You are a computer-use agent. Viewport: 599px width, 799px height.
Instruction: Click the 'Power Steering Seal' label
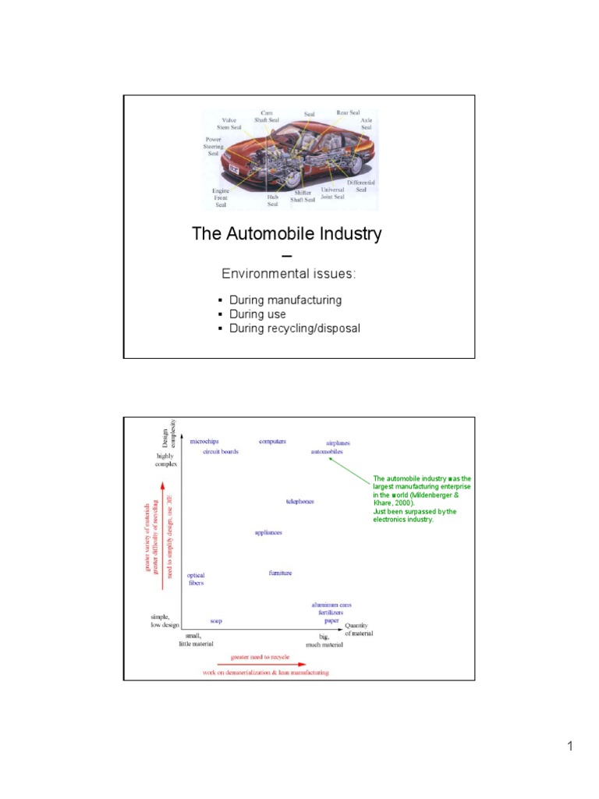[213, 147]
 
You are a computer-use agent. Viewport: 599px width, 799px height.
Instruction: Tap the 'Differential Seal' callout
[361, 186]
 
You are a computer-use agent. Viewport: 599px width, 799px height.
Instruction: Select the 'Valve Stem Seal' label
[229, 124]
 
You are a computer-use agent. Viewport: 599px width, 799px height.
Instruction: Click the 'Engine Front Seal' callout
[221, 197]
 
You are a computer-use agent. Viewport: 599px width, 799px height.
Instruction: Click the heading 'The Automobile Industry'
[288, 233]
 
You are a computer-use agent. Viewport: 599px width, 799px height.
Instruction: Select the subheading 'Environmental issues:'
[289, 274]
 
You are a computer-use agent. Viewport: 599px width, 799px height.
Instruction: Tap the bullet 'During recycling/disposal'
[294, 328]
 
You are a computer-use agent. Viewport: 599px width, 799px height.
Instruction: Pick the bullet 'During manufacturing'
[285, 300]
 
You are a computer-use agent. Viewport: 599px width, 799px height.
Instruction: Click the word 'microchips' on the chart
[206, 442]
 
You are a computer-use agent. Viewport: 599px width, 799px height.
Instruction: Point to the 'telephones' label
[300, 502]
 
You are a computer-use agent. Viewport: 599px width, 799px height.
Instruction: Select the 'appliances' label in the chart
[268, 533]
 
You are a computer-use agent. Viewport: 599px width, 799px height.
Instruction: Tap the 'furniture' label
[281, 574]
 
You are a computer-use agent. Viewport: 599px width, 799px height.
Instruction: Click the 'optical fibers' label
[196, 579]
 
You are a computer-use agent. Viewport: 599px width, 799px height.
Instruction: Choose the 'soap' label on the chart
[216, 621]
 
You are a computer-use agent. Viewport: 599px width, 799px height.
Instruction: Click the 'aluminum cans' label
[331, 605]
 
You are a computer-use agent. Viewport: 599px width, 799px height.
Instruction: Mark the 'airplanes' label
[328, 442]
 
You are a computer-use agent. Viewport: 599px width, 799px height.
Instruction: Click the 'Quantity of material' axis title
[359, 629]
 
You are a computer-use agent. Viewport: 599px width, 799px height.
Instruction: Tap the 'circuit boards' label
[221, 452]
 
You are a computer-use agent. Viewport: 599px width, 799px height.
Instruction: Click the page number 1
[570, 747]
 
